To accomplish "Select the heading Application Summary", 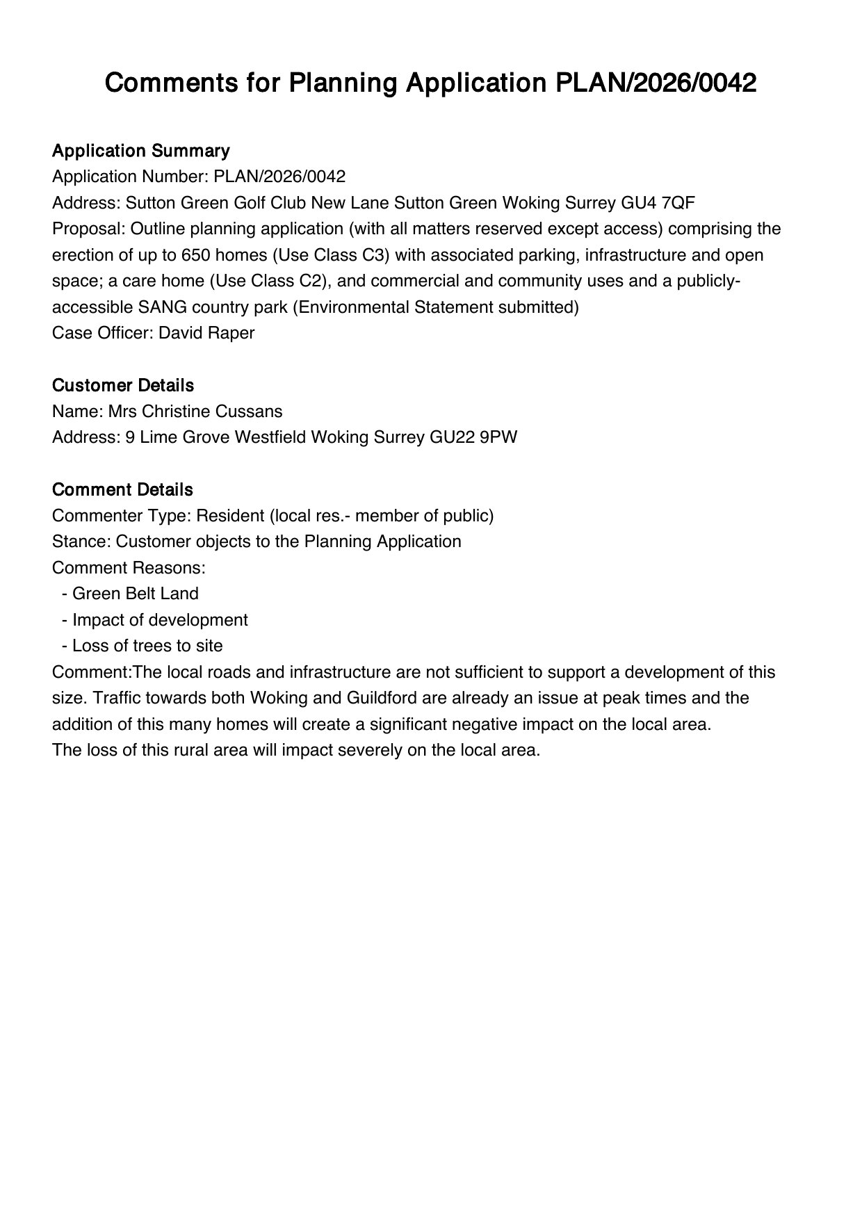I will (x=140, y=151).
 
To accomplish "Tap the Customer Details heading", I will (x=122, y=385).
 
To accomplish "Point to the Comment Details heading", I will (x=122, y=489).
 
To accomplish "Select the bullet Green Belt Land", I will (x=135, y=594).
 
